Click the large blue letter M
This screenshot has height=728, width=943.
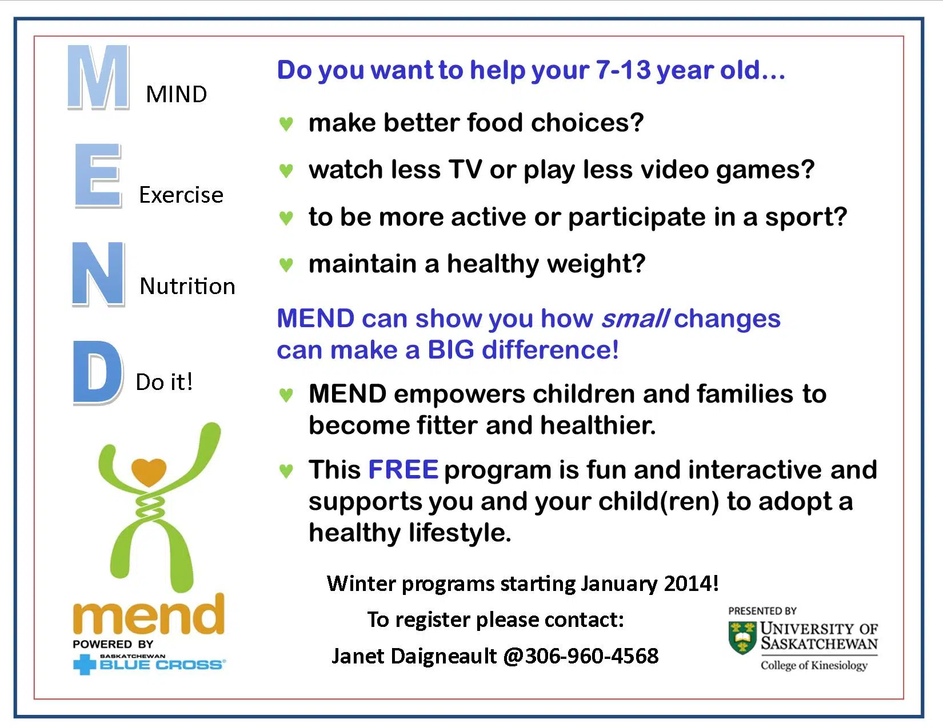pos(98,77)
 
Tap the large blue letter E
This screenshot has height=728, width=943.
pos(98,176)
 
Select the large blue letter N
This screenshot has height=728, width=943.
pos(98,274)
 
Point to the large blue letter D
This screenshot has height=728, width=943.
pos(98,373)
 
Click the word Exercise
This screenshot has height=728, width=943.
pos(181,195)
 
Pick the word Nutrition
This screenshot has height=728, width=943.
pos(187,286)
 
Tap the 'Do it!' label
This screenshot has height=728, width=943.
pos(164,382)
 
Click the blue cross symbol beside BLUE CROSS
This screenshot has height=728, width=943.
pos(85,665)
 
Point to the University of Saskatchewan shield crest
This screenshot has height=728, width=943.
pos(742,638)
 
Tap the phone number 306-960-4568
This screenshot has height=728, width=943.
pos(592,656)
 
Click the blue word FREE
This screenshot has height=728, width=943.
pos(403,469)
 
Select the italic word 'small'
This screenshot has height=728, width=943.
pos(636,319)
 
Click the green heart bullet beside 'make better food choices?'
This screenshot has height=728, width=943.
pos(286,123)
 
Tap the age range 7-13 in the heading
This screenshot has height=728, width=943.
pos(623,70)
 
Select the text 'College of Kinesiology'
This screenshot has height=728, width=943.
pos(814,666)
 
